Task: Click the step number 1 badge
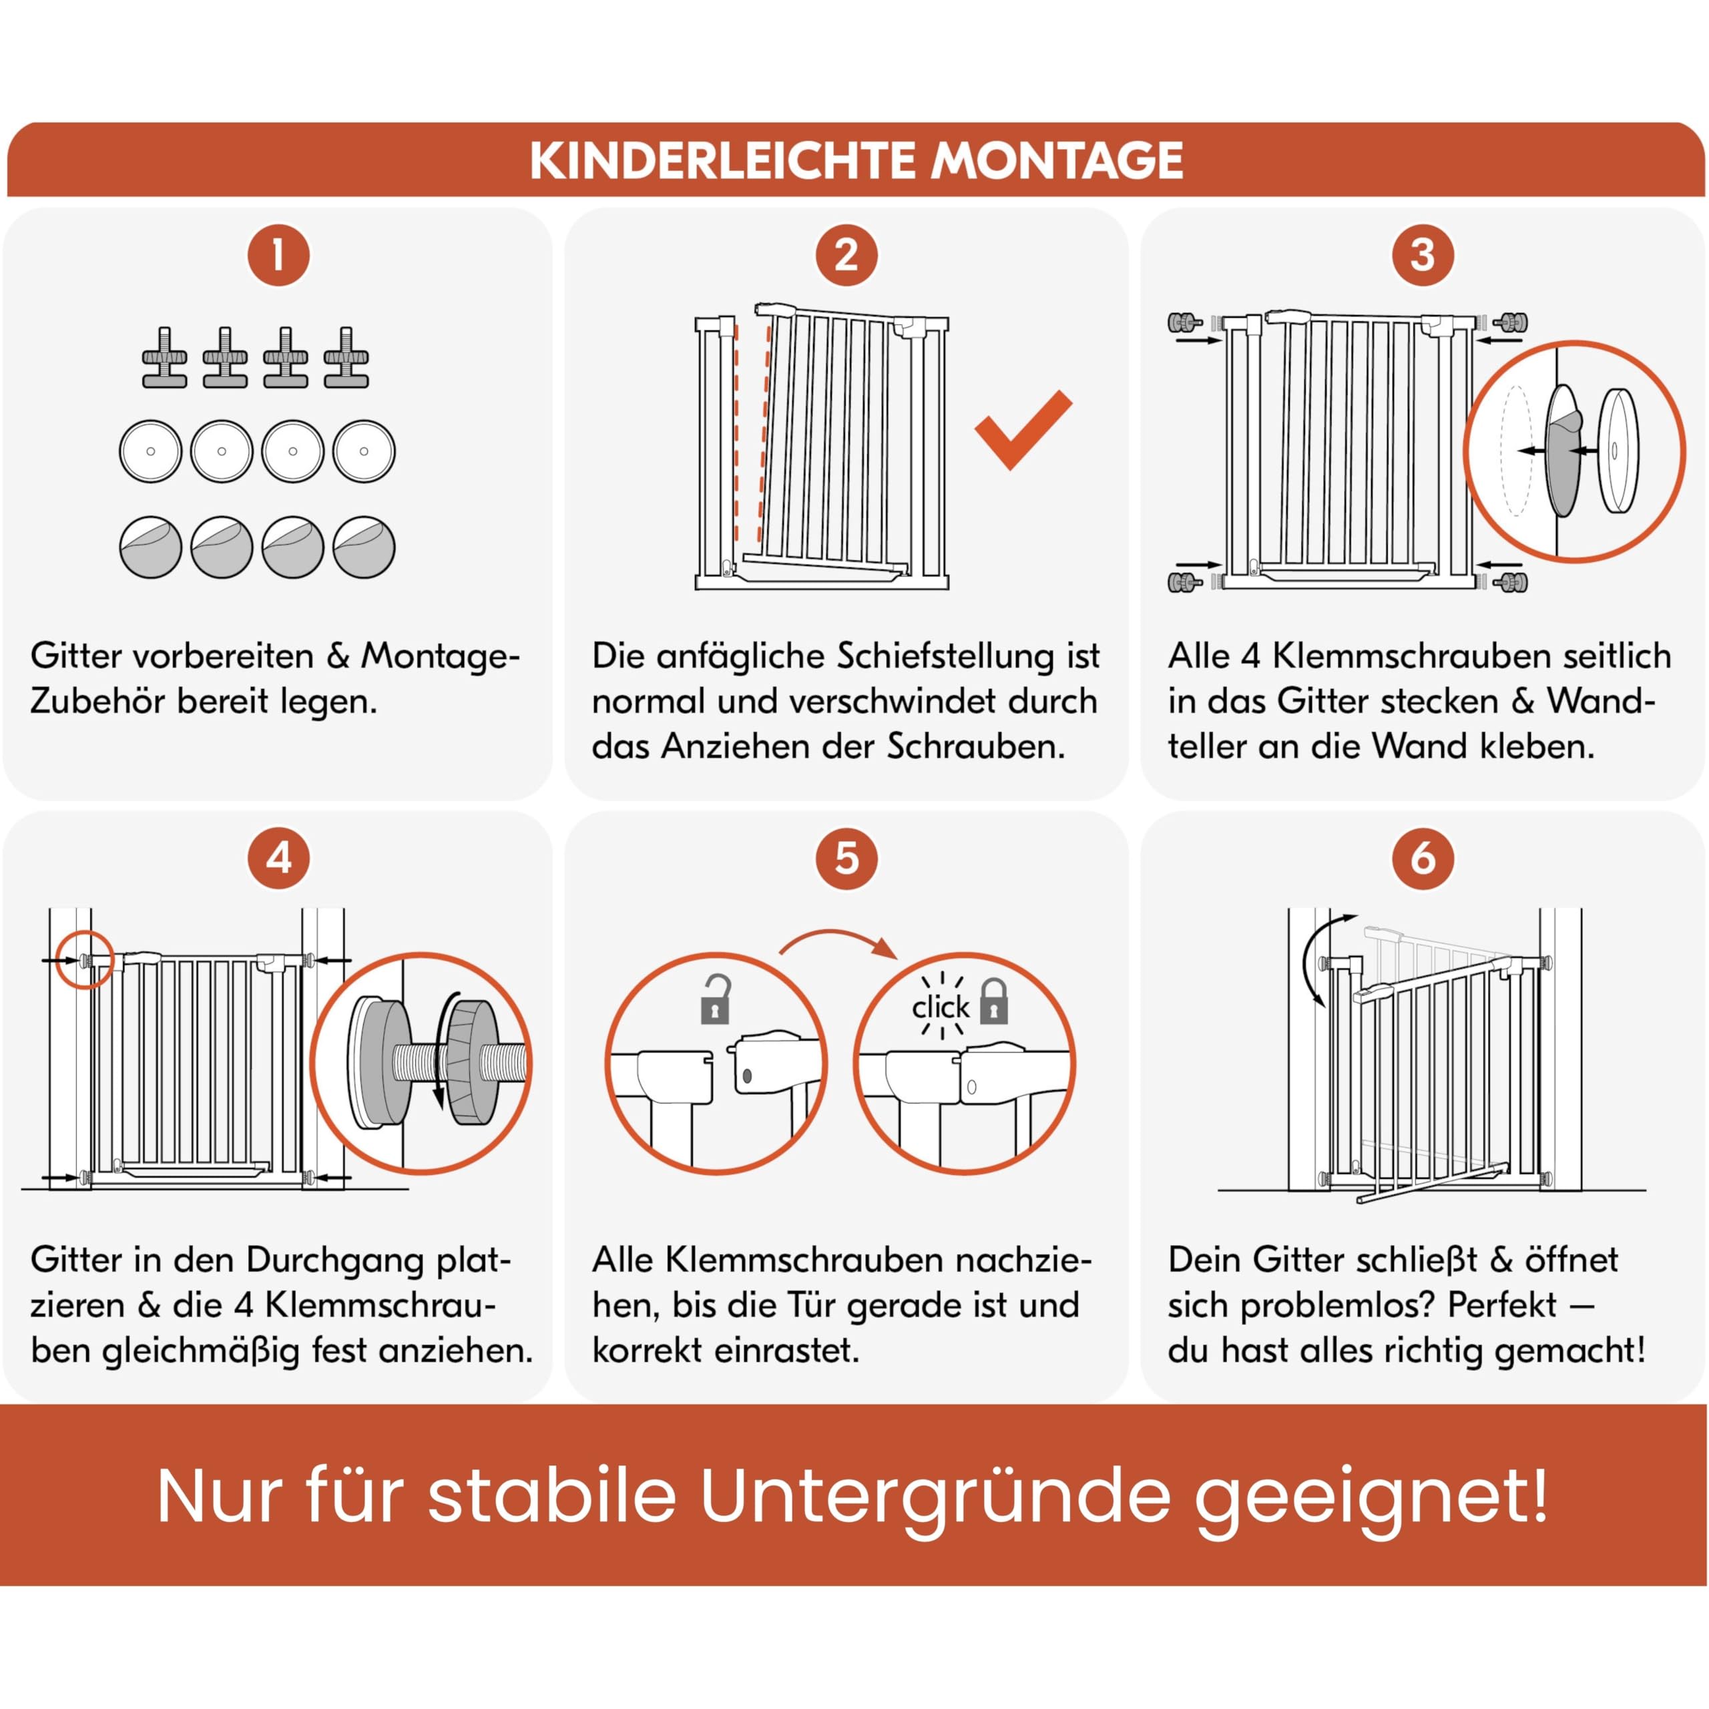(x=278, y=256)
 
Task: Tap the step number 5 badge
(x=846, y=858)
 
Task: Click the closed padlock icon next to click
(x=994, y=1001)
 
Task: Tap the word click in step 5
(x=941, y=1007)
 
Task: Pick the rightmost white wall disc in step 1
(x=364, y=451)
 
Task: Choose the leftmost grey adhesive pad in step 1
(x=150, y=547)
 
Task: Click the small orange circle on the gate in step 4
(x=84, y=959)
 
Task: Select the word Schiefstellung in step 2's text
(x=945, y=656)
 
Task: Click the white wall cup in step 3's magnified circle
(x=1618, y=450)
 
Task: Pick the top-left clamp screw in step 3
(x=1184, y=322)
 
